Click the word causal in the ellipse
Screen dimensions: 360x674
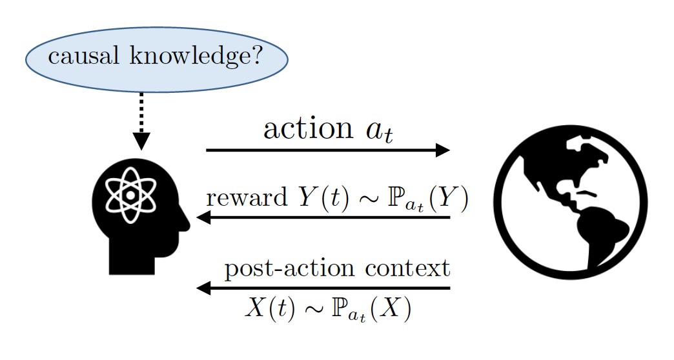tap(79, 59)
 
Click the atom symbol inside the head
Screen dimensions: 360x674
tap(130, 194)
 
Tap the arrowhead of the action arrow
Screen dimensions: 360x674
tap(443, 150)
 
